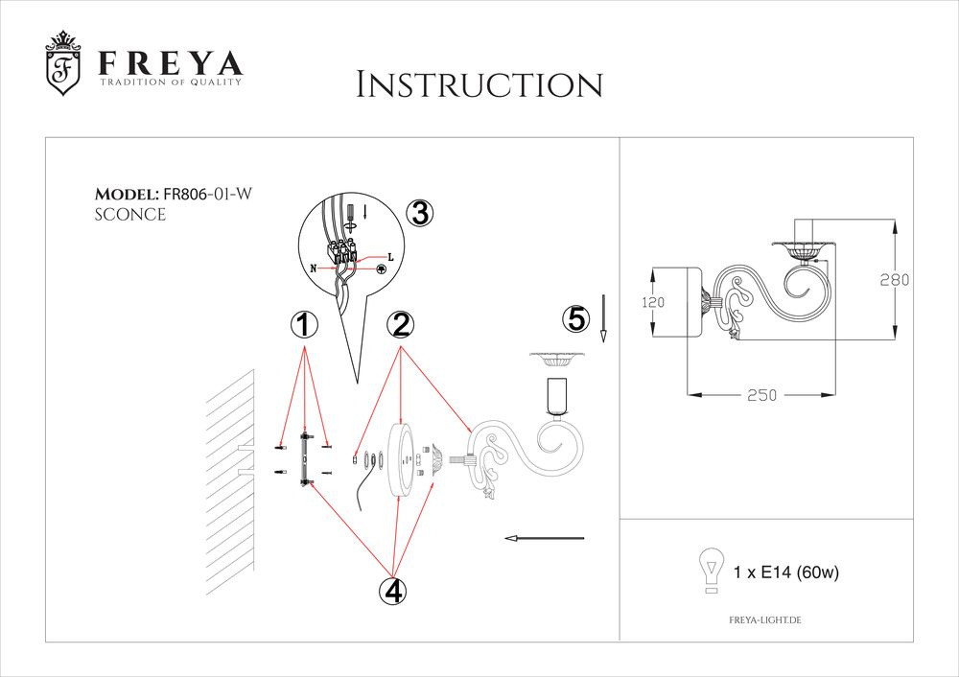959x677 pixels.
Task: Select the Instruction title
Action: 479,84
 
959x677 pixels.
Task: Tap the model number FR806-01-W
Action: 208,194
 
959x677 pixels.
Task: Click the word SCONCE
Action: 130,215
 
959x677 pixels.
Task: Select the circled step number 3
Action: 419,214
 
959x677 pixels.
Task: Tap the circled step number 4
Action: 390,591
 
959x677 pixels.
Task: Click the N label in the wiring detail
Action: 314,270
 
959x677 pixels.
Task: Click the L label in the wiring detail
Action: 390,257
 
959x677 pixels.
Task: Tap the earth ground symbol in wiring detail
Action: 381,269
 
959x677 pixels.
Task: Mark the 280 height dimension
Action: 894,280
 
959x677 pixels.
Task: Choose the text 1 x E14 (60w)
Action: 785,573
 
